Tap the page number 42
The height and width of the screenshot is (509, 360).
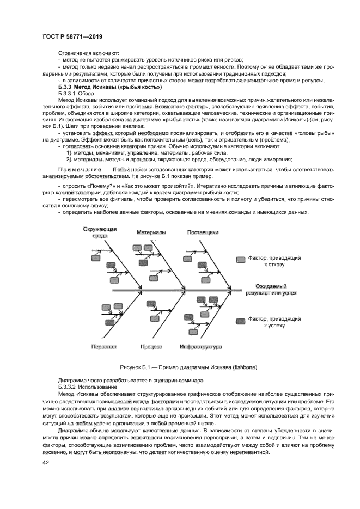point(46,462)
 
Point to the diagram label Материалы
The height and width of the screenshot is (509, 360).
point(151,232)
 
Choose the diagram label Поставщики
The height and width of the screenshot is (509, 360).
point(203,232)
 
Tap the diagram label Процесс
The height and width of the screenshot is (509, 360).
point(151,346)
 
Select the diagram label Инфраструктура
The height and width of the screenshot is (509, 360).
point(200,346)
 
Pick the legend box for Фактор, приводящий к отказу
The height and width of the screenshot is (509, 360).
point(240,260)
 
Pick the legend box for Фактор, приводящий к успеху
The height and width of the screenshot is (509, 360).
point(240,320)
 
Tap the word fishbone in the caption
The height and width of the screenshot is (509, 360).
point(245,367)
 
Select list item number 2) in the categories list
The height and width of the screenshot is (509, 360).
point(69,160)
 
